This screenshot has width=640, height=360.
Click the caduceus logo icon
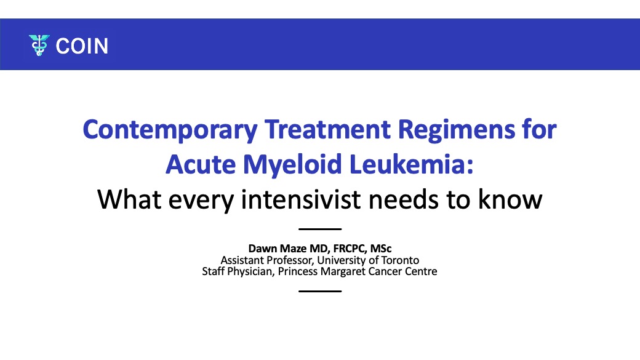click(x=39, y=46)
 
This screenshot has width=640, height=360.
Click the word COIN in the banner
click(x=82, y=46)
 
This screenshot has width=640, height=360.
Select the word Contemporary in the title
click(x=170, y=130)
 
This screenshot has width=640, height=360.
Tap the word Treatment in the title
click(x=328, y=129)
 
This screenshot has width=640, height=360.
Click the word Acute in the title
click(x=201, y=164)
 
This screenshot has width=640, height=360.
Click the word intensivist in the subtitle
click(x=301, y=199)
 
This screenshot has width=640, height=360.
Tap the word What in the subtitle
click(x=129, y=199)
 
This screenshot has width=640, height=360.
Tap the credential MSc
click(x=381, y=249)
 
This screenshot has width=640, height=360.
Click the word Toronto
click(x=400, y=260)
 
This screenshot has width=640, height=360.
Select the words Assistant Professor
click(x=267, y=260)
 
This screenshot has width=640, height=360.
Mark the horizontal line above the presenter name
click(x=320, y=229)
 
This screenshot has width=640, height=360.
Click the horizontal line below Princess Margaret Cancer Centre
click(x=320, y=291)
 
